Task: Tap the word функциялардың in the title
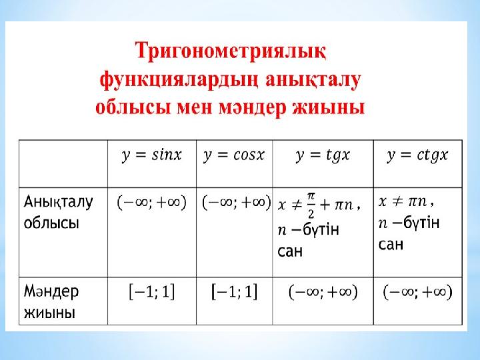(x=179, y=81)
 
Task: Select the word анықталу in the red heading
(x=313, y=81)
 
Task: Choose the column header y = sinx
(x=152, y=155)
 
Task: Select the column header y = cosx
(x=234, y=155)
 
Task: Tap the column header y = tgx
(x=323, y=155)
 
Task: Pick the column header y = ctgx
(x=417, y=155)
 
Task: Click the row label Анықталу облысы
(x=58, y=212)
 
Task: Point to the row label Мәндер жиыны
(x=51, y=301)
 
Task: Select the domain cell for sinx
(x=152, y=203)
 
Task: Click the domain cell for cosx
(x=237, y=203)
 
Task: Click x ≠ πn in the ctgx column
(x=403, y=201)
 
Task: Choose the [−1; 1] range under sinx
(x=152, y=292)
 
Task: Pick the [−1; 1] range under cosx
(x=235, y=292)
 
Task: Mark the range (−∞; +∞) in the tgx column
(x=323, y=292)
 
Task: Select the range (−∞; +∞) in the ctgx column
(x=417, y=292)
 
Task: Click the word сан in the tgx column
(x=290, y=251)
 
